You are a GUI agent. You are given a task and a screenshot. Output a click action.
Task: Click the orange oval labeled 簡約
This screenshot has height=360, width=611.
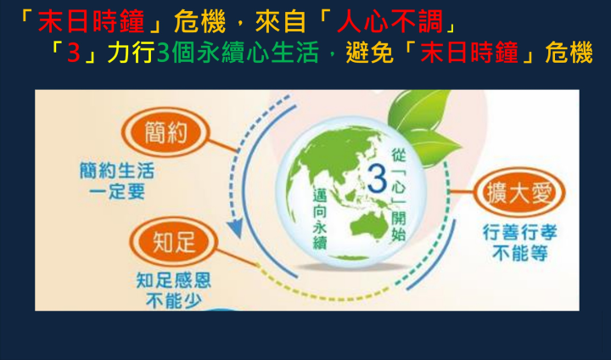coord(165,132)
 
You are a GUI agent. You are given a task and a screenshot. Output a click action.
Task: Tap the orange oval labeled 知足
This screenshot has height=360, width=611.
coord(173,242)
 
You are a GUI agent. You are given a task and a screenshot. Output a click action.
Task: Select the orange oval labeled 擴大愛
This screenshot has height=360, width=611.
coord(519,192)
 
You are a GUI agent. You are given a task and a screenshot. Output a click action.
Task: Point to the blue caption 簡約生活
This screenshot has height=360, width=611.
coord(117,171)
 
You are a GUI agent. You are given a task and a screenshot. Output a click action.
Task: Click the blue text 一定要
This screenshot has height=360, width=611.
coord(117,191)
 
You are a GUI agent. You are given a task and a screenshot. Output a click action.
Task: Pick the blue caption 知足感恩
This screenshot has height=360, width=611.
coord(173,280)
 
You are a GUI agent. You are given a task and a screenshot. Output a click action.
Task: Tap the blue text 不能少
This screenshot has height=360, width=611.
coord(173,301)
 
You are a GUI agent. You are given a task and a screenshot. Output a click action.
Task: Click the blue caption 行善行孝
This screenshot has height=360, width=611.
coord(520,233)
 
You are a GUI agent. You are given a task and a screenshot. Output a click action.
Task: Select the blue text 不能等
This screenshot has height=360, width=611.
coord(520,253)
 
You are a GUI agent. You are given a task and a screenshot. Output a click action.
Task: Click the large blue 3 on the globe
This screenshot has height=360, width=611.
coord(377,178)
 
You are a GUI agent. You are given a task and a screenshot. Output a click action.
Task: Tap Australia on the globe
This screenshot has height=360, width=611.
coord(370,225)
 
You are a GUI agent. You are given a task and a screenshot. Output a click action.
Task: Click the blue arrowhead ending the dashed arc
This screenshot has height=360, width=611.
coord(235,228)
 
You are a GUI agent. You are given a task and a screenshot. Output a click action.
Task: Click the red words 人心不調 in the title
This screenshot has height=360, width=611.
coord(390,21)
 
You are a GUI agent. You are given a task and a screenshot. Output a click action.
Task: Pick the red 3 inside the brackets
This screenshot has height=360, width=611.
coord(73,53)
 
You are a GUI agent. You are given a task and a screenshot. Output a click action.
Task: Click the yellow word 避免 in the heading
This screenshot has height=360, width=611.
coord(369,53)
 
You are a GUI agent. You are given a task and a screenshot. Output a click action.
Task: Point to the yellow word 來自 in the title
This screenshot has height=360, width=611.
coord(281,21)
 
